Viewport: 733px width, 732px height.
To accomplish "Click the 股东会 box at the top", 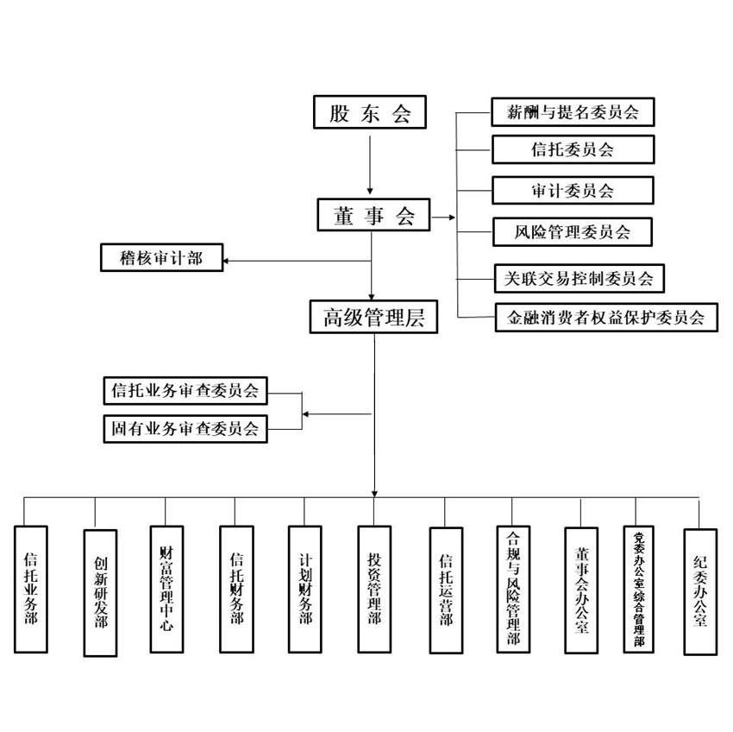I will point(369,113).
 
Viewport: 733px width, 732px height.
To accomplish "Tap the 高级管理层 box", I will point(374,317).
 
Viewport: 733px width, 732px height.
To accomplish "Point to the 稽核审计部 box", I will point(162,257).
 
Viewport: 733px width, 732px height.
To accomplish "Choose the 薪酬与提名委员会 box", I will point(572,112).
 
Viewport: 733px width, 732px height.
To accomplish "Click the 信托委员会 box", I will point(572,149).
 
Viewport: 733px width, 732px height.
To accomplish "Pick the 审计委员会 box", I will point(572,190).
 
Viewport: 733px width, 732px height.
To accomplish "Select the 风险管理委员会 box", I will point(572,231).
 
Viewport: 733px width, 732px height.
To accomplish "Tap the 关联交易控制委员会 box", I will point(578,278).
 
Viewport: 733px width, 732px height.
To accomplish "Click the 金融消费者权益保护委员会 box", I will point(606,317).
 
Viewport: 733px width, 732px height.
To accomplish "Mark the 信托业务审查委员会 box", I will point(185,390).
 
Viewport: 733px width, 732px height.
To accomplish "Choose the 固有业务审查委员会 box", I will point(185,428).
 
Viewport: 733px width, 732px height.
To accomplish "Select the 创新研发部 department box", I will point(100,592).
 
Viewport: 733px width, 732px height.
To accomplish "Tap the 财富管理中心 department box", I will point(166,588).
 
